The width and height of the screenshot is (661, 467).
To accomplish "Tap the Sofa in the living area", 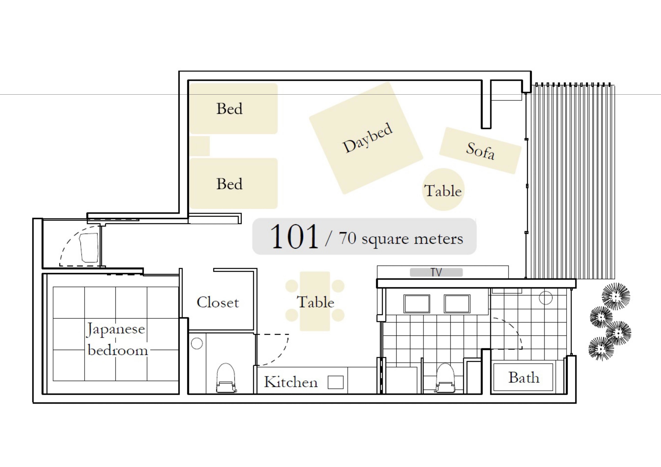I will (480, 151).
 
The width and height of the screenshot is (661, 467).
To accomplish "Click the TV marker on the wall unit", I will (436, 272).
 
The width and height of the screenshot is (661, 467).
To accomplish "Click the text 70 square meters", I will (401, 238).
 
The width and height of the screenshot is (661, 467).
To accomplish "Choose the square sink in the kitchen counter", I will (335, 382).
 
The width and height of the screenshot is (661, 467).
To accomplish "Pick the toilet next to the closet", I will (226, 378).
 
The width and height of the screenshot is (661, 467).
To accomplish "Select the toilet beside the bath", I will (445, 378).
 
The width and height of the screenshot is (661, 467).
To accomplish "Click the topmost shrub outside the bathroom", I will (616, 296).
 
